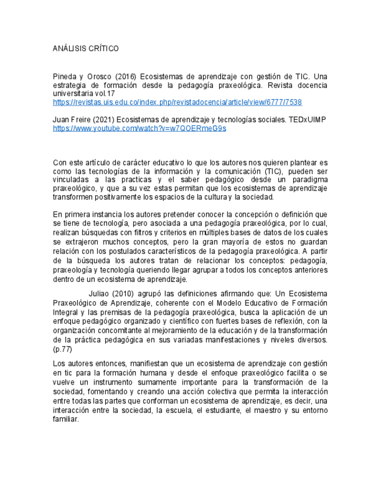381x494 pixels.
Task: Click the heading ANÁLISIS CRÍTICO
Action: click(86, 48)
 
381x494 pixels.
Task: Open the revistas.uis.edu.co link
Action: click(177, 102)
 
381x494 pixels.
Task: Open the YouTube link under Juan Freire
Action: click(139, 128)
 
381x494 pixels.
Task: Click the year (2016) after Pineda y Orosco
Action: click(126, 76)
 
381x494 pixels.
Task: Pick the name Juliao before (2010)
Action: click(101, 294)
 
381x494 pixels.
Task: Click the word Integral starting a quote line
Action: click(65, 312)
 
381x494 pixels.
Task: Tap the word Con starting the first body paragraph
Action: click(60, 163)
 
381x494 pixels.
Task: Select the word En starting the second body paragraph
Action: click(58, 214)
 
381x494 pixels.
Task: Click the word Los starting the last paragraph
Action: click(59, 364)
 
